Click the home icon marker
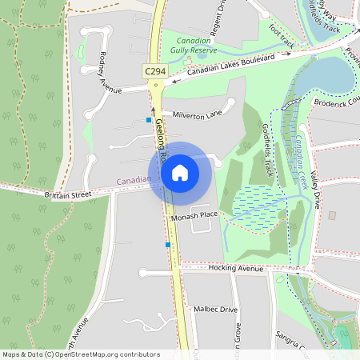[x=180, y=172]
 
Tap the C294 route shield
[x=155, y=71]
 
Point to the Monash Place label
[x=194, y=215]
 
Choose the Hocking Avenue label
[x=235, y=269]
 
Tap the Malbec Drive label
[x=216, y=309]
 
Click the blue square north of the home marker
[x=148, y=120]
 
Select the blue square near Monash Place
[x=168, y=245]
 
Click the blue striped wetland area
[x=255, y=200]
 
